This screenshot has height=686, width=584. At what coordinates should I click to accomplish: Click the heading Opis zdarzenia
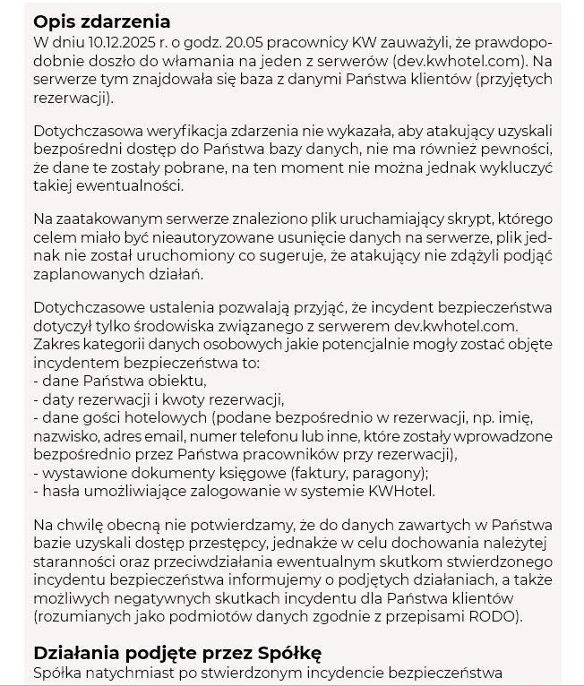[x=101, y=22]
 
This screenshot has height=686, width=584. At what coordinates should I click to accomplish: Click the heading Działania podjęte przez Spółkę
[x=177, y=652]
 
